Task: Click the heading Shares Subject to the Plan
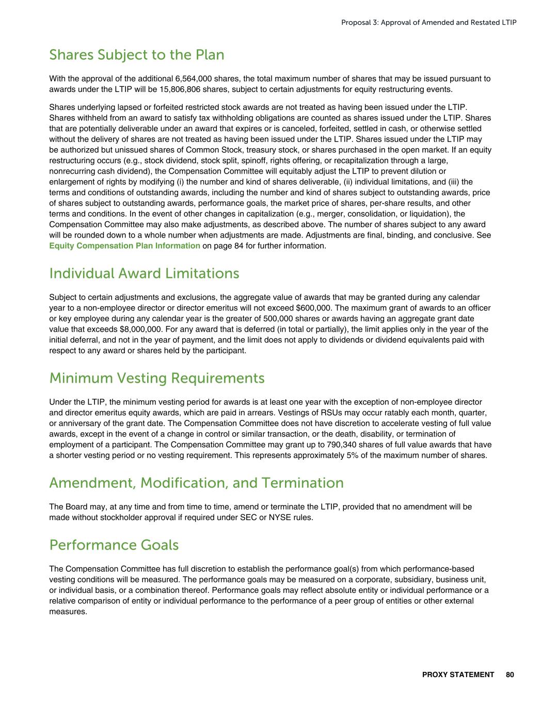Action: click(x=137, y=55)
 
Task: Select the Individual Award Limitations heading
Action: click(x=144, y=273)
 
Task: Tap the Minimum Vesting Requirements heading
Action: click(x=156, y=378)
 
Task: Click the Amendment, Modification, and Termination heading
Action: click(x=196, y=483)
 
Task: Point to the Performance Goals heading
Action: click(x=114, y=545)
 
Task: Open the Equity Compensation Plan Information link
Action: click(x=124, y=246)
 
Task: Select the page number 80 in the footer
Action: click(x=510, y=675)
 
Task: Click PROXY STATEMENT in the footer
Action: click(x=458, y=675)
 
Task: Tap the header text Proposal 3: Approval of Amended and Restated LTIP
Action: click(x=428, y=23)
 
